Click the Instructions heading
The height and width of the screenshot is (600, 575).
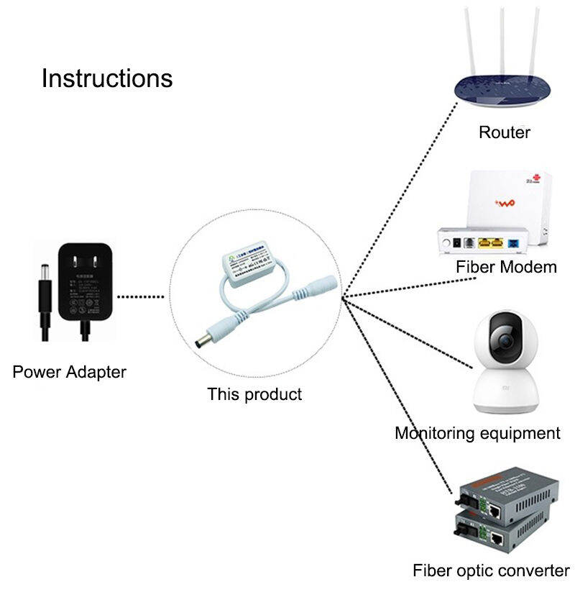[x=107, y=78]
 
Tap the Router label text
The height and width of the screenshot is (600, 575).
[x=505, y=132]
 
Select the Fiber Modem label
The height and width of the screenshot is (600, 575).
[x=506, y=267]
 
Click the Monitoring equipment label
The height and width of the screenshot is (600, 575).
[x=477, y=433]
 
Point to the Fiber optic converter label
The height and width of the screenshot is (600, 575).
[x=491, y=571]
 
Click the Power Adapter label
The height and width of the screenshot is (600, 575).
[x=69, y=372]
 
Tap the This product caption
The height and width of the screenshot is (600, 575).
[x=254, y=394]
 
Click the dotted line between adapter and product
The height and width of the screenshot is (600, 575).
[x=142, y=296]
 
